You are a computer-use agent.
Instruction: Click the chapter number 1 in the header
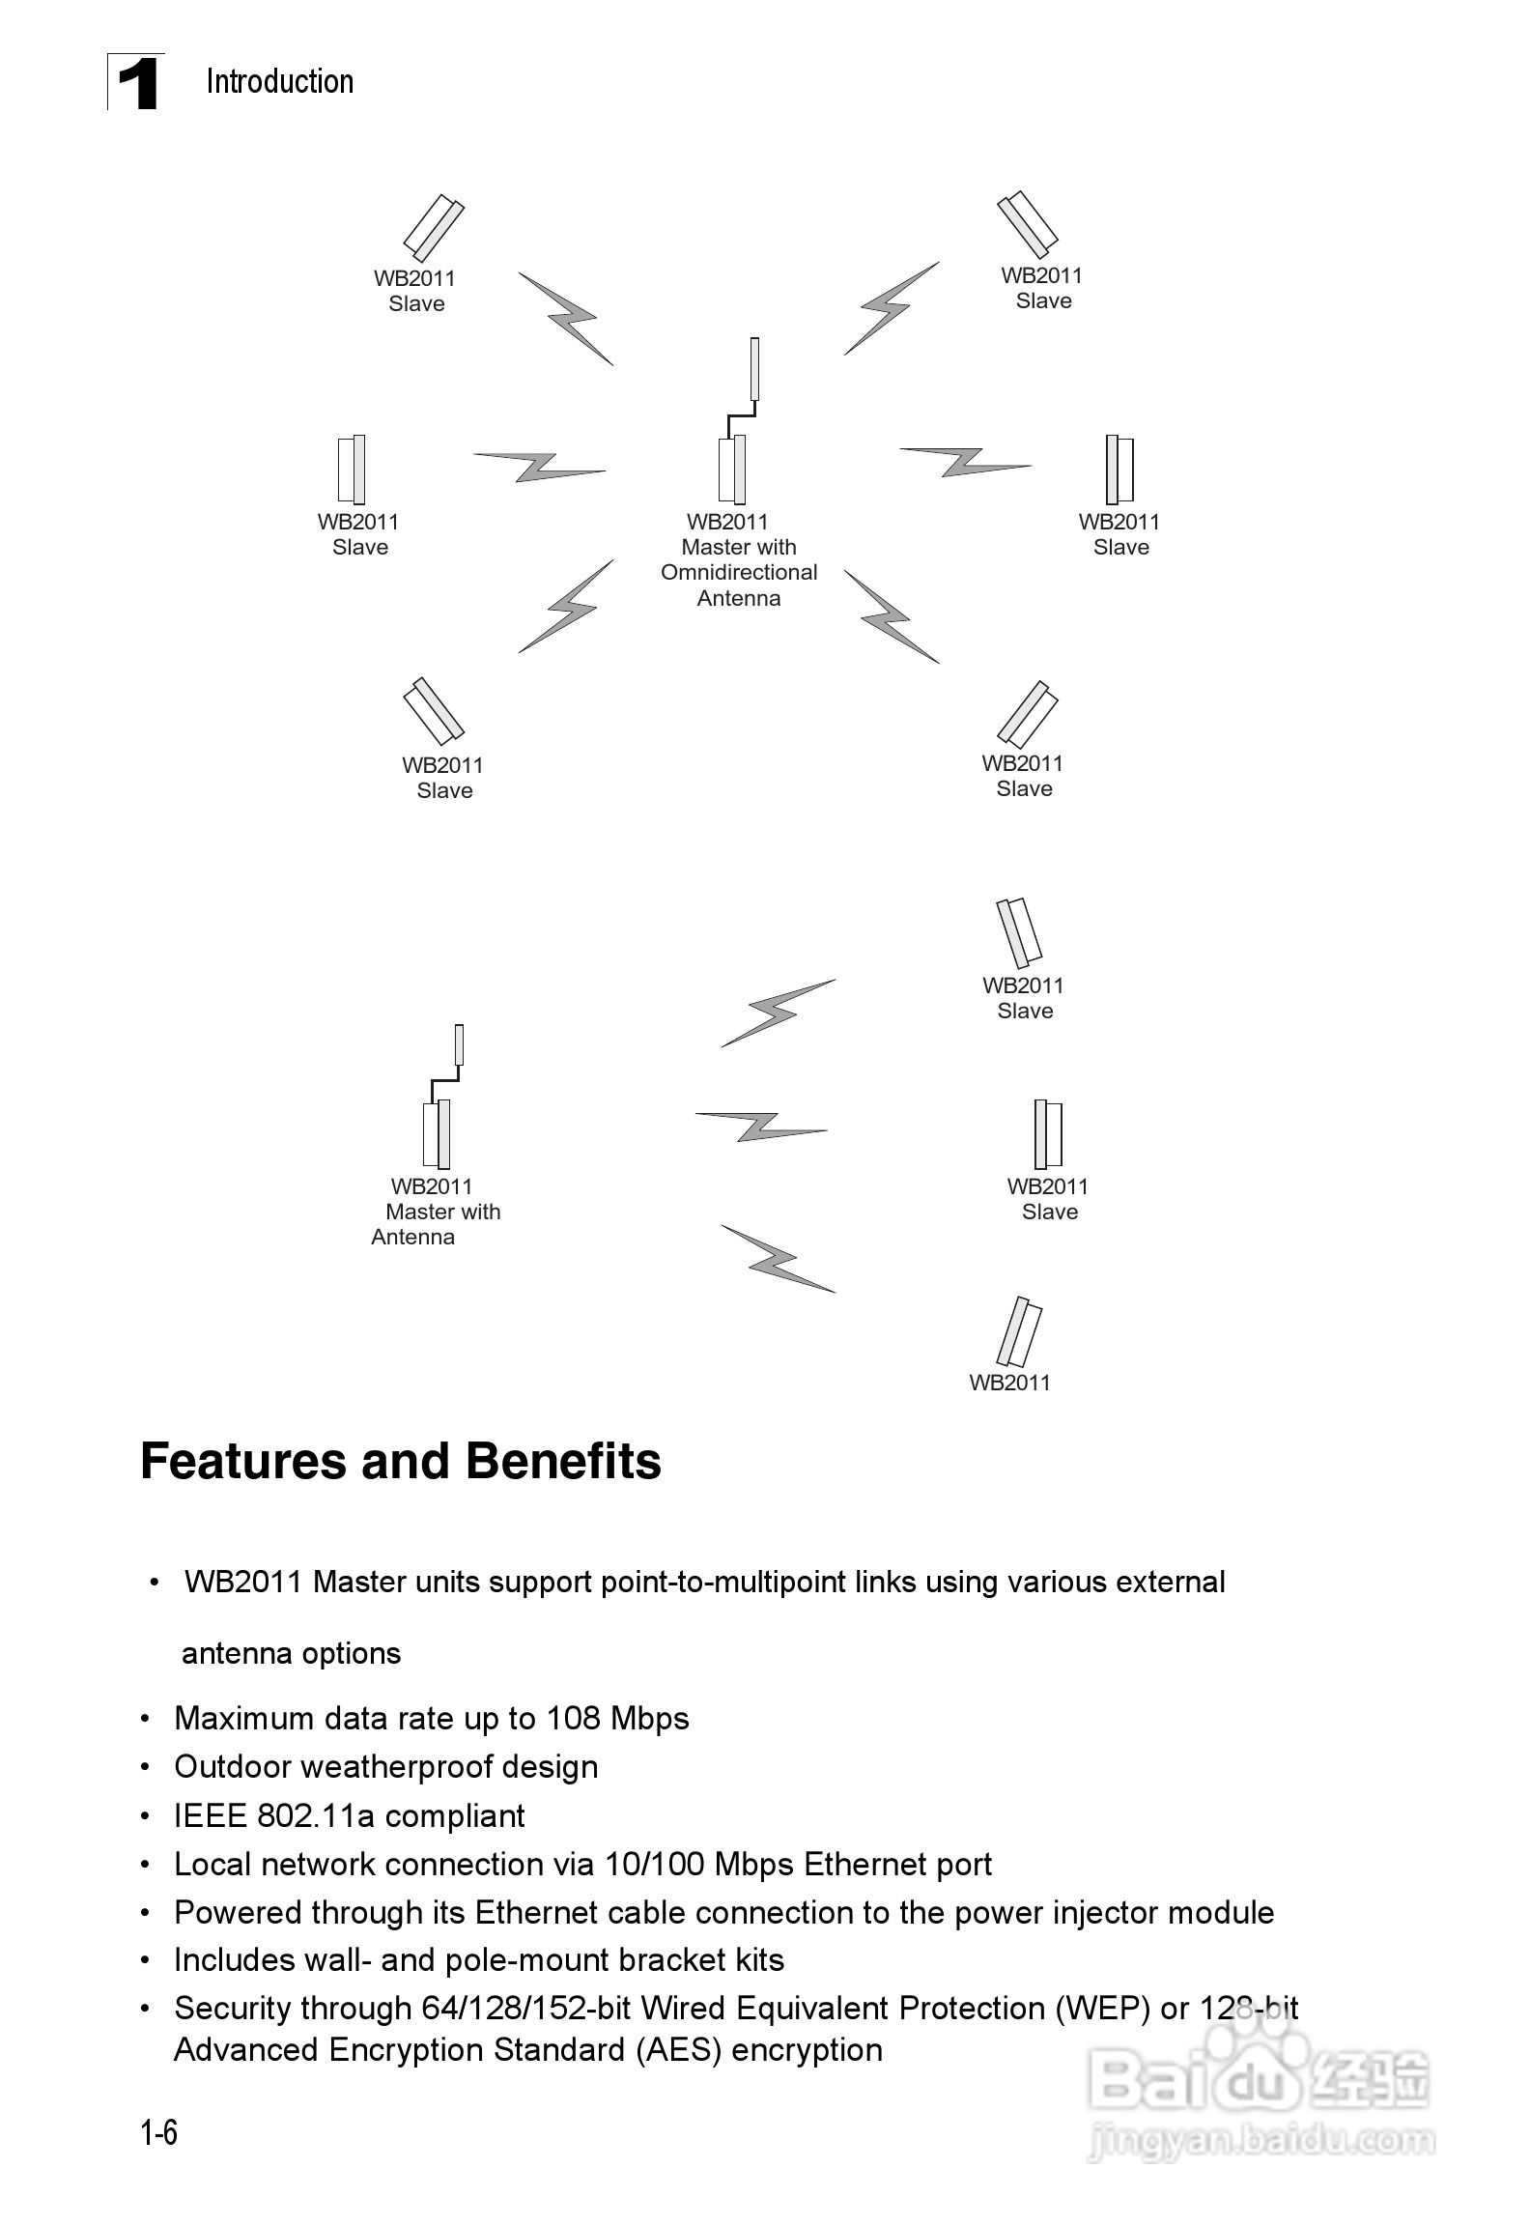coord(137,83)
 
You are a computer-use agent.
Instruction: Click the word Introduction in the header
coord(279,82)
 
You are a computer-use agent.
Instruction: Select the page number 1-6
coord(158,2131)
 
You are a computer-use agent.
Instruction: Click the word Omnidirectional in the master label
coord(738,572)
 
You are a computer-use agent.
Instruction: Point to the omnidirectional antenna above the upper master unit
coord(754,368)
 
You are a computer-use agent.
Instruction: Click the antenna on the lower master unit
coord(459,1045)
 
